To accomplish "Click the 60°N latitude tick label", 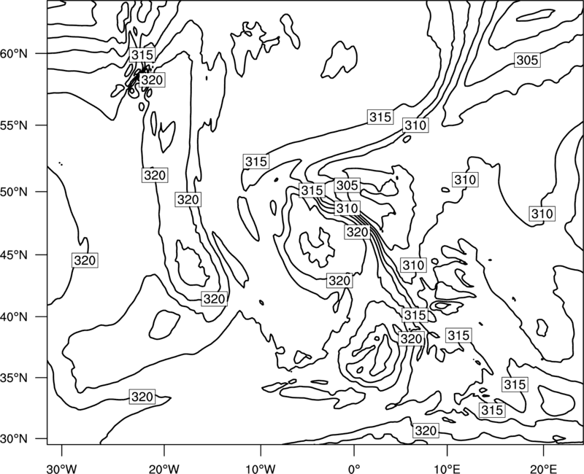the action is pyautogui.click(x=14, y=54).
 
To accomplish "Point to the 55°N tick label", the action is pyautogui.click(x=14, y=125).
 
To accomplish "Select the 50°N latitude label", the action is pyautogui.click(x=14, y=192).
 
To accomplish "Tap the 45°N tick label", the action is pyautogui.click(x=14, y=255).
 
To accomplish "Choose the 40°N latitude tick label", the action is pyautogui.click(x=14, y=317).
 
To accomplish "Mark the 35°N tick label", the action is pyautogui.click(x=14, y=378).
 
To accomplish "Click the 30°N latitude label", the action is pyautogui.click(x=14, y=439).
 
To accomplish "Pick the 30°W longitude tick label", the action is pyautogui.click(x=61, y=469).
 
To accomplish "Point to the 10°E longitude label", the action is pyautogui.click(x=447, y=469).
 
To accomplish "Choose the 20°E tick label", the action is pyautogui.click(x=543, y=469).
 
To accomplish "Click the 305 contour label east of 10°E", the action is pyautogui.click(x=527, y=60).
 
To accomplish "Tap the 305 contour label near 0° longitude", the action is pyautogui.click(x=347, y=185).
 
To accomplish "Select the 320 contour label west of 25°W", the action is pyautogui.click(x=85, y=260).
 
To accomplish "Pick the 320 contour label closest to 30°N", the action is pyautogui.click(x=426, y=430).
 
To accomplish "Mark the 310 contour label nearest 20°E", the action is pyautogui.click(x=542, y=214).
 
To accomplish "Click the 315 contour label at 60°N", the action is pyautogui.click(x=142, y=55).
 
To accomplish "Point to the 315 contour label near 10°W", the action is pyautogui.click(x=256, y=161).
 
